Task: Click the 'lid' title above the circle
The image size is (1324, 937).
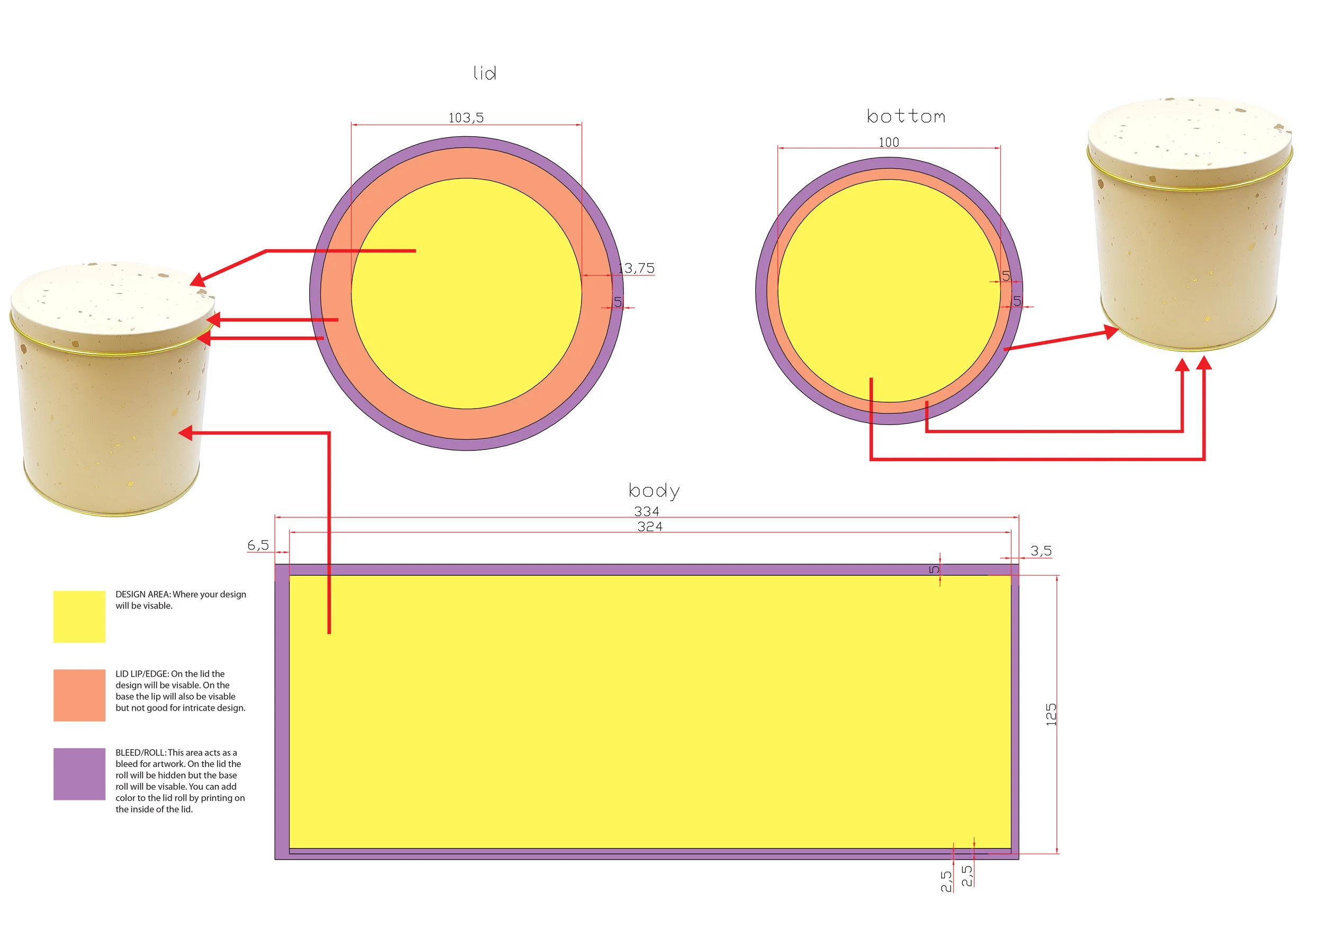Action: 485,73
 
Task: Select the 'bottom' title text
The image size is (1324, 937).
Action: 906,117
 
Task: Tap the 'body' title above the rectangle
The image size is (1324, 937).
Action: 654,491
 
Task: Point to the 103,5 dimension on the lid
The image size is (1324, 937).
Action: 466,118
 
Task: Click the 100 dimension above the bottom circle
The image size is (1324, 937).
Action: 889,142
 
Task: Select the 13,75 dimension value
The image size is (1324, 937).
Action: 637,268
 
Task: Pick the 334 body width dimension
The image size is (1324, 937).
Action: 647,511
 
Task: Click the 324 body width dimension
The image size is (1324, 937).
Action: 650,526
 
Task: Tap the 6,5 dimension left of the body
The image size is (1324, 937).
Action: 258,545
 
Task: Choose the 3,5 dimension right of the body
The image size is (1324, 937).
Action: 1041,551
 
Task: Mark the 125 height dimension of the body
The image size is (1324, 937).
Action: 1051,714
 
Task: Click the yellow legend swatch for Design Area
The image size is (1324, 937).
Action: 79,616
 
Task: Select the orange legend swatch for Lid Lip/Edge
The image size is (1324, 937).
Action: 79,695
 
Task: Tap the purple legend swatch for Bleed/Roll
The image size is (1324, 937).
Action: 79,774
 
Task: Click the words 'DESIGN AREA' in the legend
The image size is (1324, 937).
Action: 142,594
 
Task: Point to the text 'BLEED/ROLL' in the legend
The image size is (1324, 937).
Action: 141,753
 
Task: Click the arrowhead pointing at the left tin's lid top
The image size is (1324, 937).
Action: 197,281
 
